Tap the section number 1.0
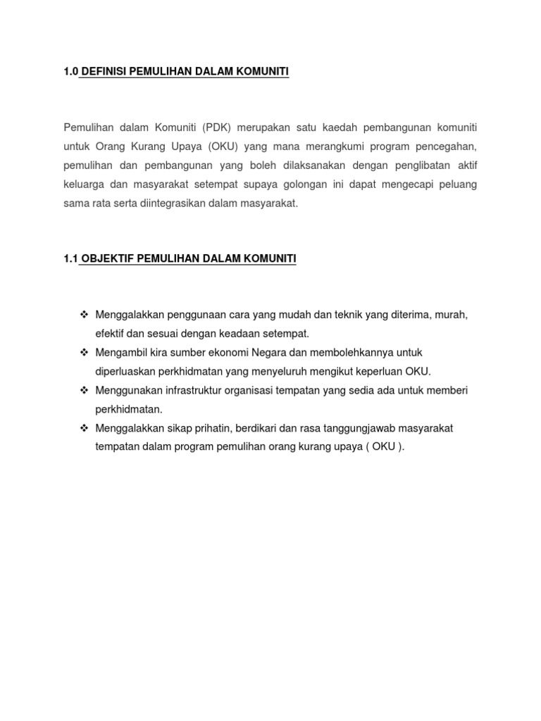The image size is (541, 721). coord(70,72)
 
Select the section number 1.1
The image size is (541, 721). coord(70,259)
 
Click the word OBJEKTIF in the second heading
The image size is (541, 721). coord(108,259)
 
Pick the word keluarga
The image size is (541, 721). coord(84,184)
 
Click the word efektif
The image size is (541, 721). coord(111,333)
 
